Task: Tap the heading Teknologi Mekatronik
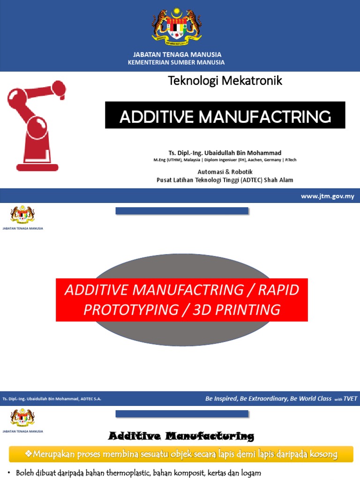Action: point(225,81)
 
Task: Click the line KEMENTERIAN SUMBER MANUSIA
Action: point(176,62)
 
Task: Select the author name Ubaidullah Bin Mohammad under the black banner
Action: point(241,153)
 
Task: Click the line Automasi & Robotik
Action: point(225,172)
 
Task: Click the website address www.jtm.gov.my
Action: point(327,196)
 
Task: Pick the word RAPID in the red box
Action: point(279,290)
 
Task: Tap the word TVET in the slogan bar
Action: point(350,399)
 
